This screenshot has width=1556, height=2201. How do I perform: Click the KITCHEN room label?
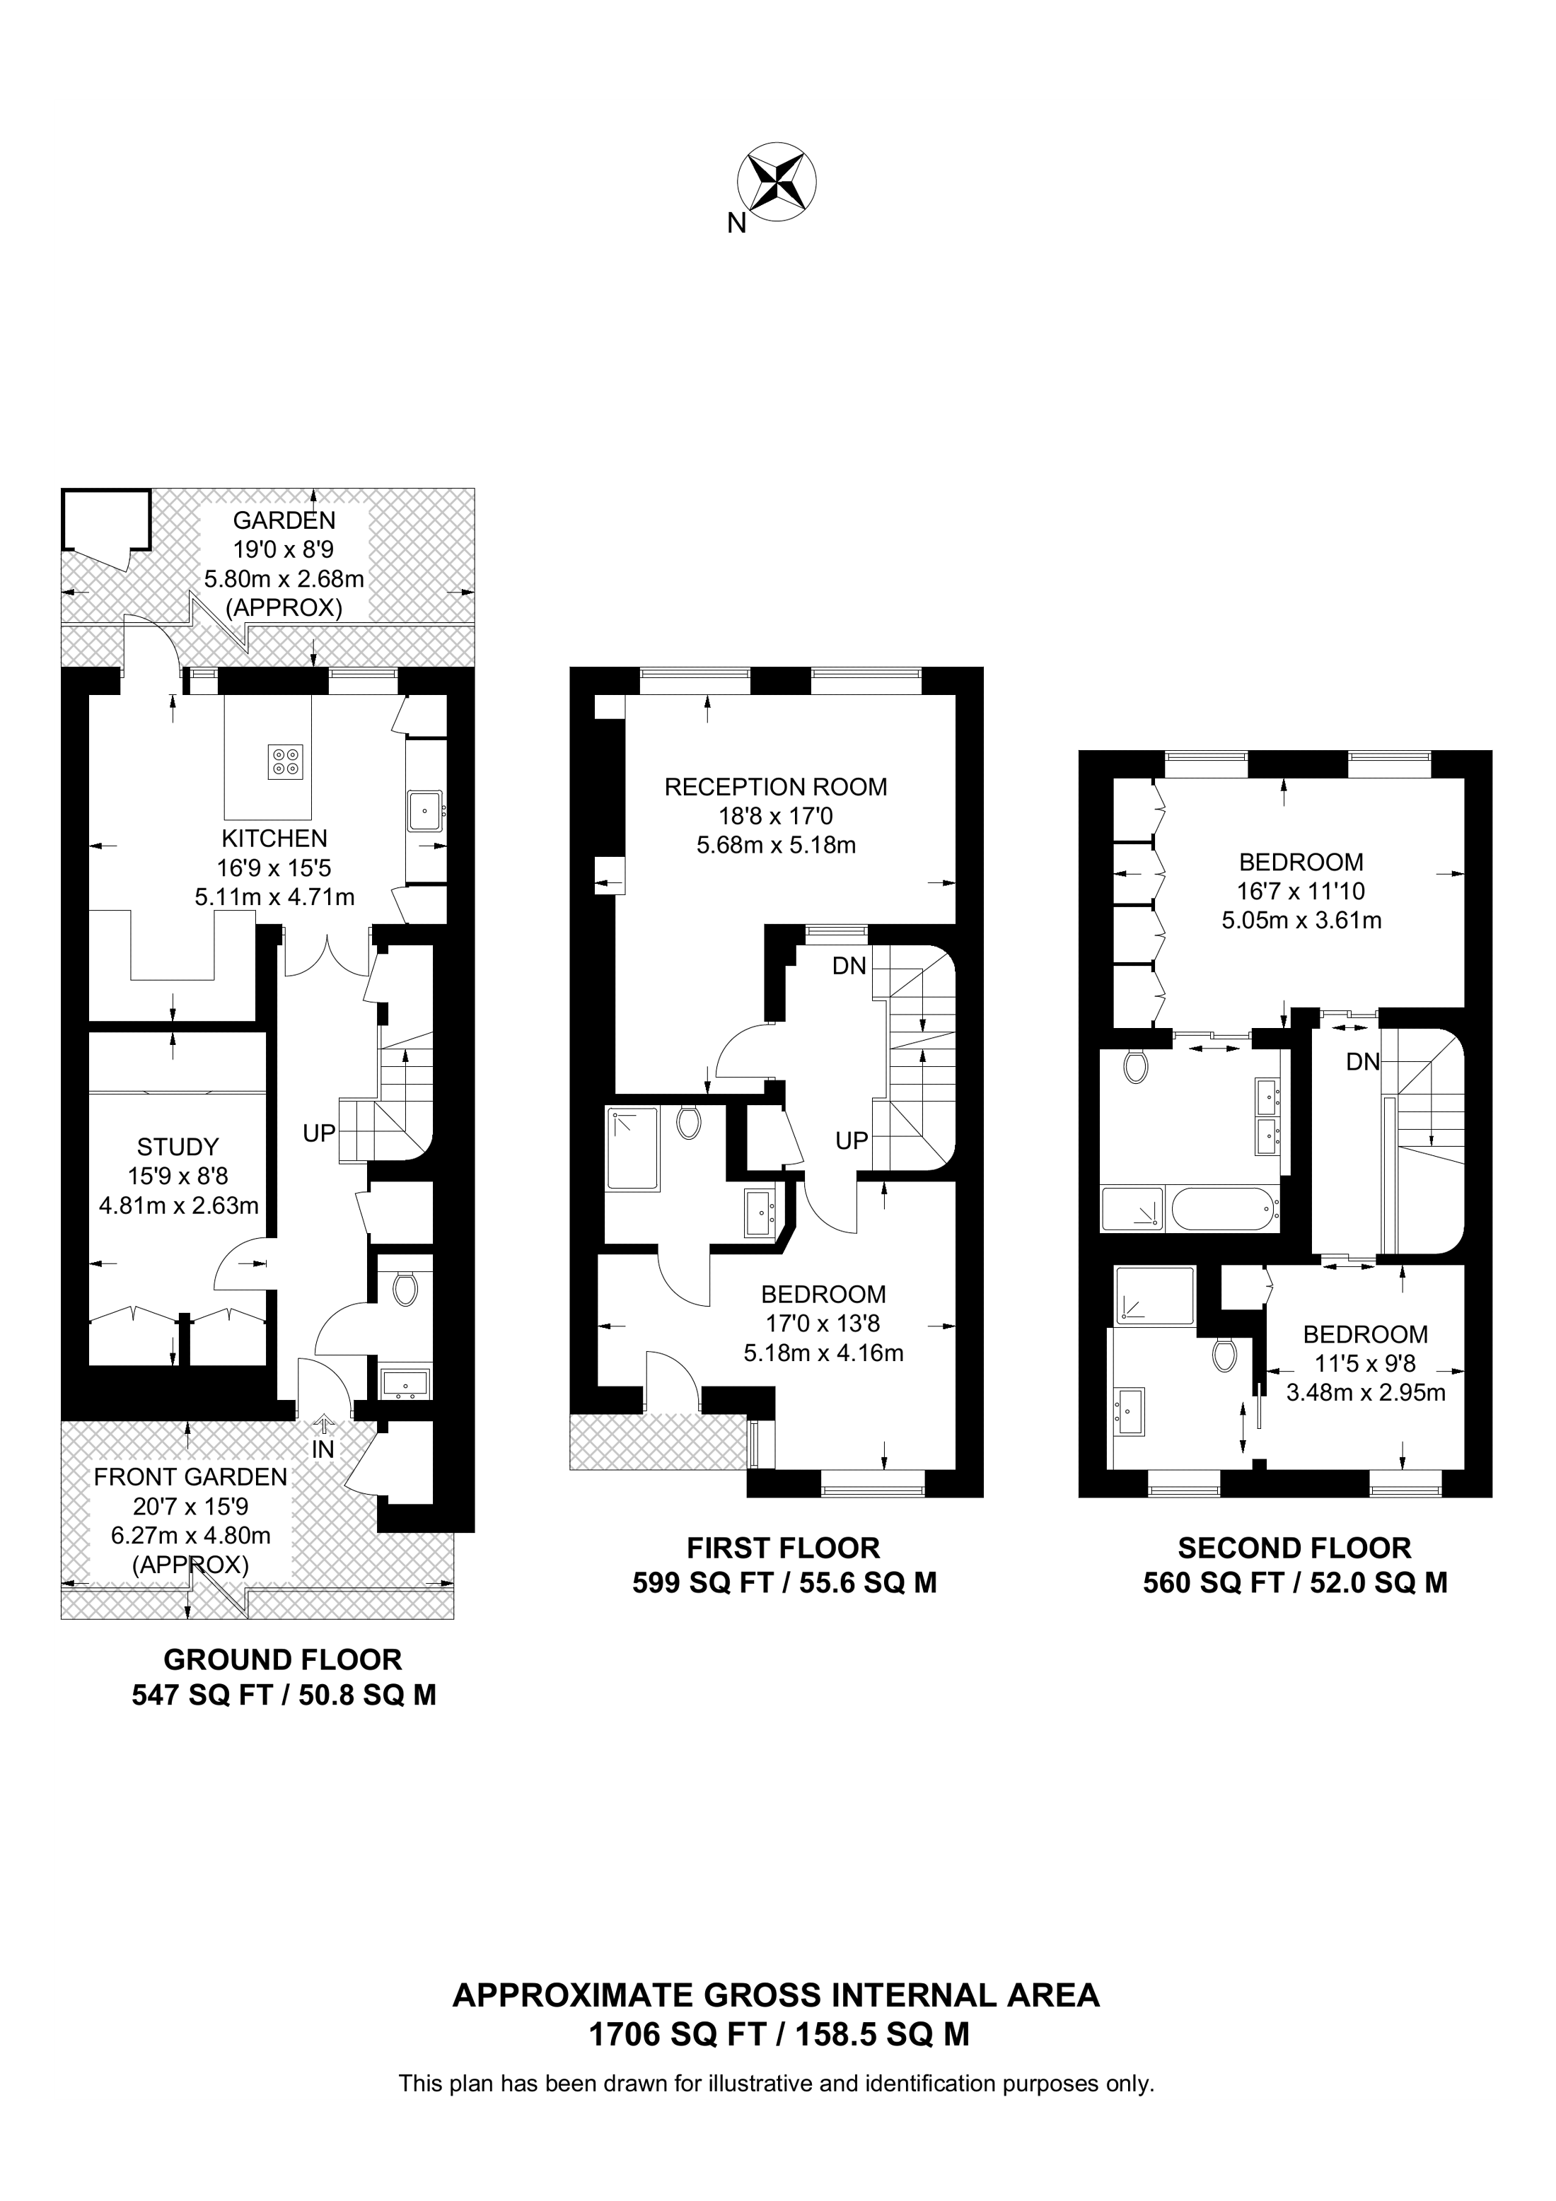[x=274, y=839]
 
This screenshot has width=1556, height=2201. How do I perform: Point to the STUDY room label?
[x=178, y=1147]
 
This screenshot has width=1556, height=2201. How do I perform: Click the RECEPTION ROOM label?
[x=776, y=787]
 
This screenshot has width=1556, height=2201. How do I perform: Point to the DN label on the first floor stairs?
[x=849, y=967]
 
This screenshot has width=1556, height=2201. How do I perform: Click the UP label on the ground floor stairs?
[x=319, y=1133]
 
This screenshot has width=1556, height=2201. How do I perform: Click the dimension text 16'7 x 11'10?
[x=1300, y=892]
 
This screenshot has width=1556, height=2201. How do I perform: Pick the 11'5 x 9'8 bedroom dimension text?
[x=1365, y=1362]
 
